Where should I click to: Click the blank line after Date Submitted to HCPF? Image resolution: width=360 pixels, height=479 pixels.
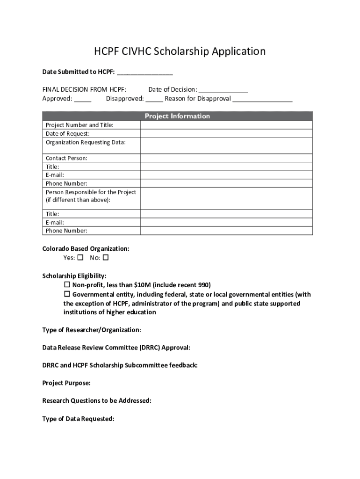pyautogui.click(x=144, y=73)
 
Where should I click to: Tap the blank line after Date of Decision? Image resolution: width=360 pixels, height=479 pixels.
pyautogui.click(x=223, y=91)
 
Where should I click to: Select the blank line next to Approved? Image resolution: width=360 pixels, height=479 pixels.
pyautogui.click(x=83, y=101)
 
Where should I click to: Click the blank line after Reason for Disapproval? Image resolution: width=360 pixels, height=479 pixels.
pyautogui.click(x=262, y=101)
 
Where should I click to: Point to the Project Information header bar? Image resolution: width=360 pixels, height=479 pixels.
pyautogui.click(x=177, y=116)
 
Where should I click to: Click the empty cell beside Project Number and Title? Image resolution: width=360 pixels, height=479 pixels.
pyautogui.click(x=226, y=125)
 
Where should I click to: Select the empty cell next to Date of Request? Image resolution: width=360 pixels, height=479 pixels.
pyautogui.click(x=226, y=133)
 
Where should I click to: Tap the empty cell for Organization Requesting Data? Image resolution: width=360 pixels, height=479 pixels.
pyautogui.click(x=226, y=145)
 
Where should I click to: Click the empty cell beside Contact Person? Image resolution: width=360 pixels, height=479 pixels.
pyautogui.click(x=226, y=158)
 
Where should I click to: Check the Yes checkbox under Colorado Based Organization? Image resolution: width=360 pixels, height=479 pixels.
pyautogui.click(x=80, y=258)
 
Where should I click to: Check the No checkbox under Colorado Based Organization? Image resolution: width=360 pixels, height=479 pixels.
pyautogui.click(x=106, y=258)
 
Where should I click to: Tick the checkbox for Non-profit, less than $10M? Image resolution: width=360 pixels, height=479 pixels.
pyautogui.click(x=66, y=285)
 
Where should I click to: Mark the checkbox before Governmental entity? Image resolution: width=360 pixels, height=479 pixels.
pyautogui.click(x=66, y=294)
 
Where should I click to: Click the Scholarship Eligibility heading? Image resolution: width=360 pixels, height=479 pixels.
pyautogui.click(x=74, y=276)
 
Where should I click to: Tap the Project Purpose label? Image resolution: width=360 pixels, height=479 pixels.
pyautogui.click(x=66, y=383)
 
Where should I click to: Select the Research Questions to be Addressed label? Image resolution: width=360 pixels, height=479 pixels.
pyautogui.click(x=97, y=401)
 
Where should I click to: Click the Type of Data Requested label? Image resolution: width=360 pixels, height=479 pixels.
pyautogui.click(x=78, y=419)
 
